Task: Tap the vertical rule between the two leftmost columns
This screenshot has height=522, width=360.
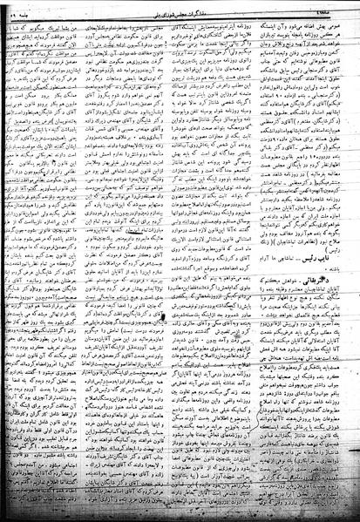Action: point(97,261)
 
